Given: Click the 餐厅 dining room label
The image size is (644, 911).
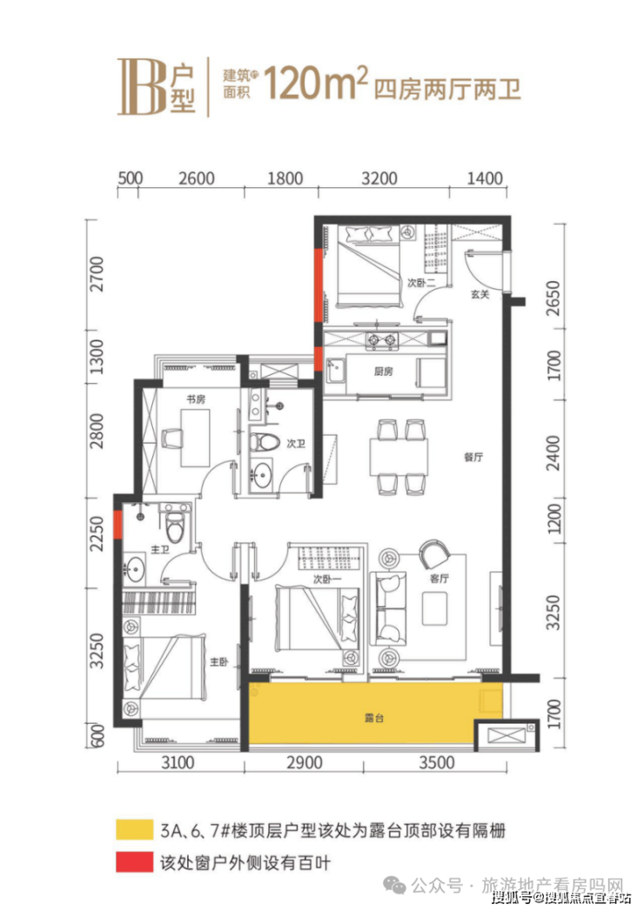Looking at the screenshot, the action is pyautogui.click(x=473, y=458).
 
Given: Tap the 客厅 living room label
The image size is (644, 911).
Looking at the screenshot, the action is pyautogui.click(x=439, y=578).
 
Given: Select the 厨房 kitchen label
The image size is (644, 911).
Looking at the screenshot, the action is pyautogui.click(x=384, y=372).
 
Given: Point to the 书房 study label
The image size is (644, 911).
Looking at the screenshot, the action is pyautogui.click(x=195, y=399).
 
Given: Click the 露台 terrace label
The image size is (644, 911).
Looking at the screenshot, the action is pyautogui.click(x=373, y=718).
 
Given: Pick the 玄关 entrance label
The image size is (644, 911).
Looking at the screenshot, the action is pyautogui.click(x=480, y=294).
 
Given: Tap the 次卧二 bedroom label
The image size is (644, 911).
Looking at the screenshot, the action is pyautogui.click(x=421, y=283).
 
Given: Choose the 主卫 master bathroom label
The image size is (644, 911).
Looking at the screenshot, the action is pyautogui.click(x=160, y=548).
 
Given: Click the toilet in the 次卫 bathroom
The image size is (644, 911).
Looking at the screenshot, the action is pyautogui.click(x=265, y=442).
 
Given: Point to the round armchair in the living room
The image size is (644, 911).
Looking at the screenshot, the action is pyautogui.click(x=433, y=555).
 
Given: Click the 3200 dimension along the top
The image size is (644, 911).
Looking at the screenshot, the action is pyautogui.click(x=379, y=178).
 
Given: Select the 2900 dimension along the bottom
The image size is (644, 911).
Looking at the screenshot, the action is pyautogui.click(x=305, y=762).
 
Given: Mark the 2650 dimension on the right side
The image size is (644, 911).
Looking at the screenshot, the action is pyautogui.click(x=553, y=298).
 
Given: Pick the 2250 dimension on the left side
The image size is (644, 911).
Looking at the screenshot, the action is pyautogui.click(x=97, y=534).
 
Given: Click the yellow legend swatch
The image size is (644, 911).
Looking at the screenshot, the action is pyautogui.click(x=134, y=829).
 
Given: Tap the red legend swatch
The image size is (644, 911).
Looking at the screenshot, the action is pyautogui.click(x=134, y=862).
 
